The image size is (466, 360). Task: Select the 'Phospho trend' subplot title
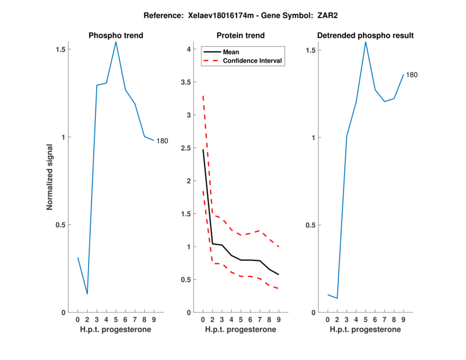[115, 36]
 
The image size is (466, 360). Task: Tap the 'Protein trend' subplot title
[241, 36]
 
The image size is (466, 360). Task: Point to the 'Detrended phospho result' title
[365, 36]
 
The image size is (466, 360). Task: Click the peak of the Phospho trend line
[116, 42]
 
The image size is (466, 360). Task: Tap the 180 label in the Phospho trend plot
[162, 140]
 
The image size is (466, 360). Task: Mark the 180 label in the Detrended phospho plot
[412, 75]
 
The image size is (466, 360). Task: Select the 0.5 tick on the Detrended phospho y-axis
[309, 225]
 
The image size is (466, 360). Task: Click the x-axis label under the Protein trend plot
[241, 330]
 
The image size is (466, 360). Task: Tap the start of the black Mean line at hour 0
[203, 150]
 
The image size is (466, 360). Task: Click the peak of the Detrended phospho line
[366, 41]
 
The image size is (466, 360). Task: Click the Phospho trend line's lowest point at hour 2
[87, 294]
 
